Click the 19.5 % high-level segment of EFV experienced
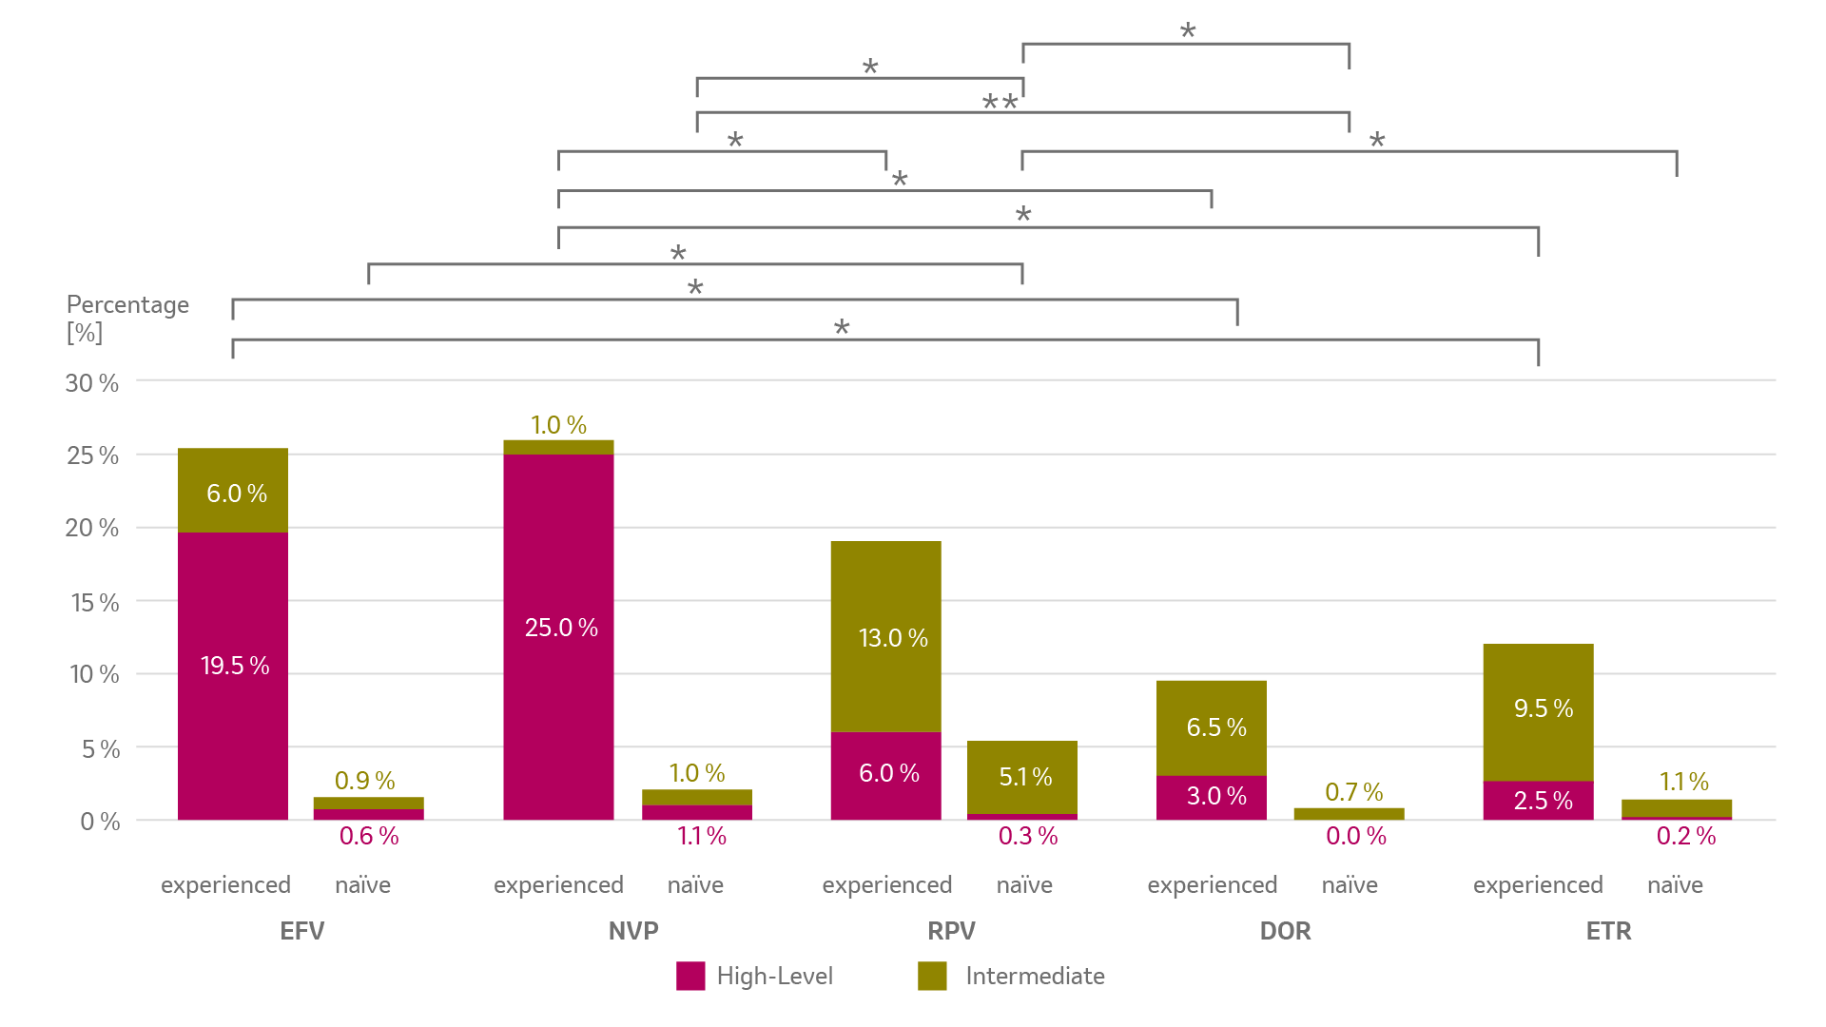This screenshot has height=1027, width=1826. pyautogui.click(x=233, y=666)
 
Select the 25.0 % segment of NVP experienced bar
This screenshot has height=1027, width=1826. pyautogui.click(x=559, y=628)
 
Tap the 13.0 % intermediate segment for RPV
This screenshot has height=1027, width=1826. pyautogui.click(x=886, y=637)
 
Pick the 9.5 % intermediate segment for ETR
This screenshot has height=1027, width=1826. pyautogui.click(x=1538, y=708)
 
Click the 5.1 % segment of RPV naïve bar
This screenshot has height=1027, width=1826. pyautogui.click(x=1022, y=777)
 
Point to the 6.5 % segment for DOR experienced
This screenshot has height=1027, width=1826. pyautogui.click(x=1212, y=727)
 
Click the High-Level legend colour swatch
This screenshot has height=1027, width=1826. pyautogui.click(x=690, y=976)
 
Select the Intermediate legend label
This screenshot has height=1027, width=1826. pyautogui.click(x=1035, y=976)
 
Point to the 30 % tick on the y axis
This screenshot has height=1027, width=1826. pyautogui.click(x=92, y=383)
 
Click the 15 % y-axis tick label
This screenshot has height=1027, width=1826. pyautogui.click(x=95, y=603)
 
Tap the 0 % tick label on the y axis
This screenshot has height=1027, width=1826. pyautogui.click(x=100, y=822)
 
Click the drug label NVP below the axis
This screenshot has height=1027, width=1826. pyautogui.click(x=633, y=930)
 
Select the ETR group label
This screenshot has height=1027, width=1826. pyautogui.click(x=1608, y=930)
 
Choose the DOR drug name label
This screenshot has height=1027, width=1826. pyautogui.click(x=1285, y=930)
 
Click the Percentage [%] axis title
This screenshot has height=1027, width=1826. pyautogui.click(x=127, y=318)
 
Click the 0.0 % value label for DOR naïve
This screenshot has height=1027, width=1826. pyautogui.click(x=1356, y=836)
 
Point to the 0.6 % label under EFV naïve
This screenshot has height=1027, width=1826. pyautogui.click(x=369, y=836)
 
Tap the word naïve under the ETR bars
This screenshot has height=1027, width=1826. pyautogui.click(x=1675, y=885)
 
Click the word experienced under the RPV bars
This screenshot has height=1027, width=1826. pyautogui.click(x=887, y=885)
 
